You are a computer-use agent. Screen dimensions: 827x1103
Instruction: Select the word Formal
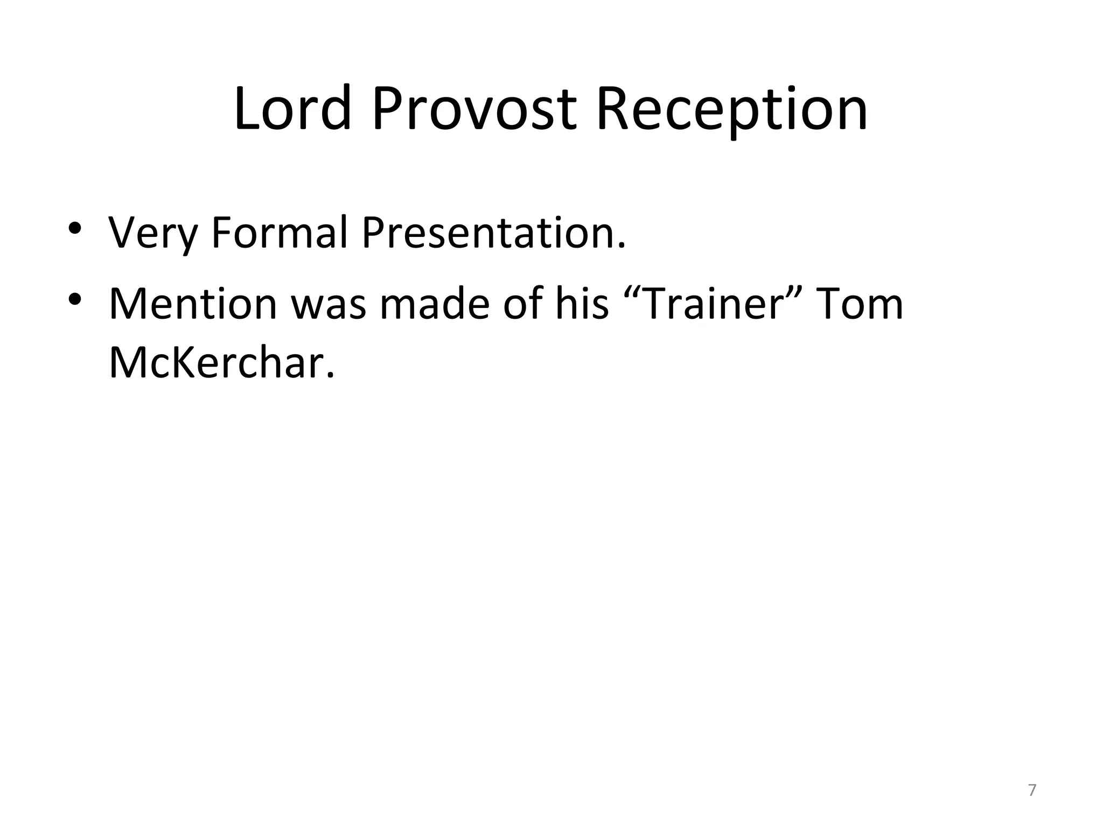click(x=279, y=233)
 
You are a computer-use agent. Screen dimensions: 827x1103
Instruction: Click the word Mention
click(x=193, y=304)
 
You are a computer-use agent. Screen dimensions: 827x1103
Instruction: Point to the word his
click(x=582, y=304)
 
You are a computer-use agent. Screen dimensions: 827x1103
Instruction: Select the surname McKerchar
click(x=221, y=362)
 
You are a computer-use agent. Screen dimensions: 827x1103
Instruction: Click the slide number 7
click(x=1032, y=790)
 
